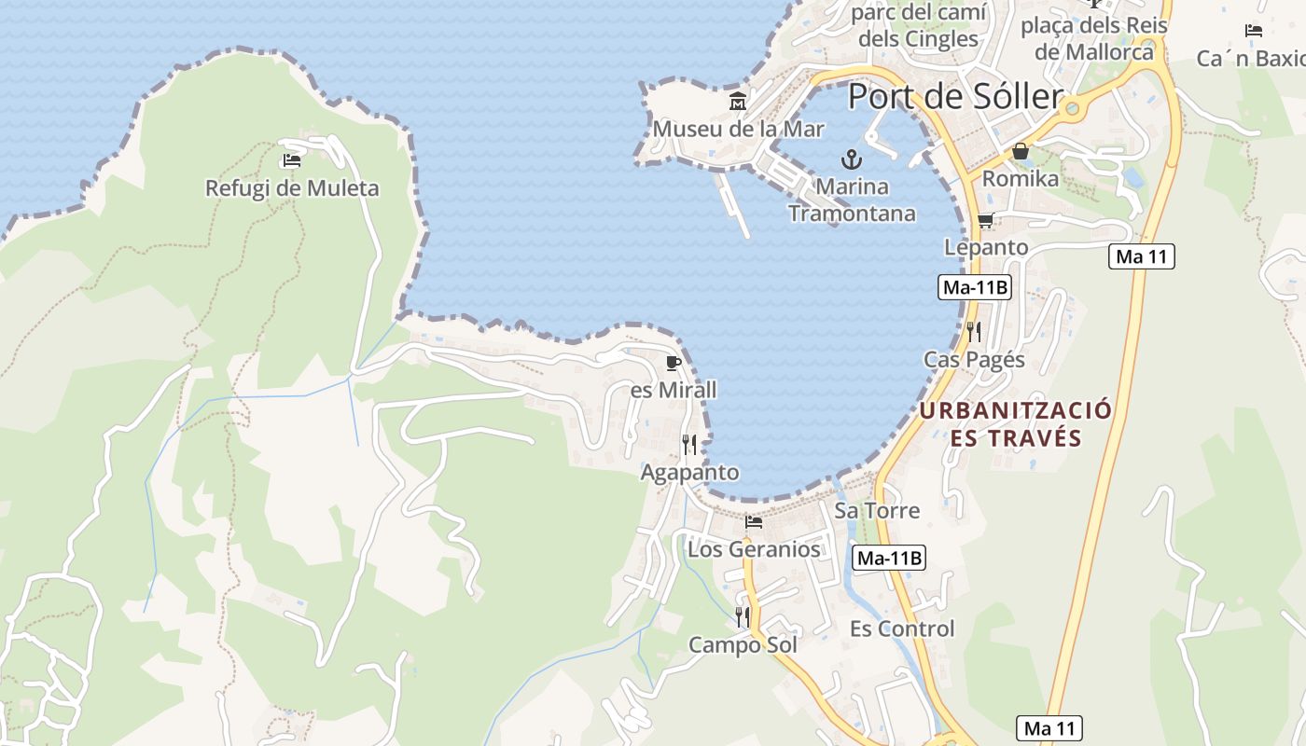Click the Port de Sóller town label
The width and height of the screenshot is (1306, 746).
click(955, 97)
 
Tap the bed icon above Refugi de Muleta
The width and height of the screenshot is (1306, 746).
click(292, 160)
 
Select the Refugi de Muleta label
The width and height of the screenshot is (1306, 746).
click(292, 188)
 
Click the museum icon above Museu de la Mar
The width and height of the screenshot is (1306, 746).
click(738, 101)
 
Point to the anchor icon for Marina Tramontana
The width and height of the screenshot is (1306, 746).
click(851, 159)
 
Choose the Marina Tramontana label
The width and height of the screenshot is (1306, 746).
click(852, 200)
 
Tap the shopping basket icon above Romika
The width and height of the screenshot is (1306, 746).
click(1021, 151)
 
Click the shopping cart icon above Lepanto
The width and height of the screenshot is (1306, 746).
click(986, 221)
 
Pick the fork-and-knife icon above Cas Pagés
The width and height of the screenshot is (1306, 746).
click(974, 331)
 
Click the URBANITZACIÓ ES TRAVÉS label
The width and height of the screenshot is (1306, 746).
click(1016, 424)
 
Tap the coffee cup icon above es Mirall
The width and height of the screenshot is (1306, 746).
click(674, 363)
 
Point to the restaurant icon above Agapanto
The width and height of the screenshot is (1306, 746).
click(689, 445)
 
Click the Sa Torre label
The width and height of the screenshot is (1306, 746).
click(877, 510)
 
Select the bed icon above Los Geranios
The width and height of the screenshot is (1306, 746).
click(754, 521)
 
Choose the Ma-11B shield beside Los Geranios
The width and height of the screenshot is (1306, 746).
click(888, 558)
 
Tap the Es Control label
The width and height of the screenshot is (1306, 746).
click(902, 629)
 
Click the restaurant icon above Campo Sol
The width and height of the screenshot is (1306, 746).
click(743, 616)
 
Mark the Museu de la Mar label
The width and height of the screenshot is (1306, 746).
click(738, 129)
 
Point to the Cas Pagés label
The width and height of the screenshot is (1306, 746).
click(974, 360)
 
